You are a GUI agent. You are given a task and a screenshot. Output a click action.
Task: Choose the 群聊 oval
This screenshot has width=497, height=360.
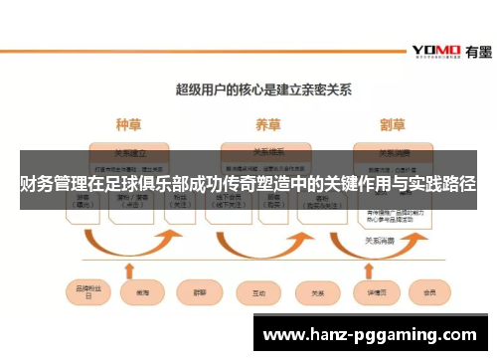(198, 293)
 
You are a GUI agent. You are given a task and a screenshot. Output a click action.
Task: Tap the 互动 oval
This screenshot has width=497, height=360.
(259, 293)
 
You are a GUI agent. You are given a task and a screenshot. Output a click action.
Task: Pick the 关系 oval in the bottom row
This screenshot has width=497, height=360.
(318, 293)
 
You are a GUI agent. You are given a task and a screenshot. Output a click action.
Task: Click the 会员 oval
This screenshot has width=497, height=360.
(429, 293)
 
